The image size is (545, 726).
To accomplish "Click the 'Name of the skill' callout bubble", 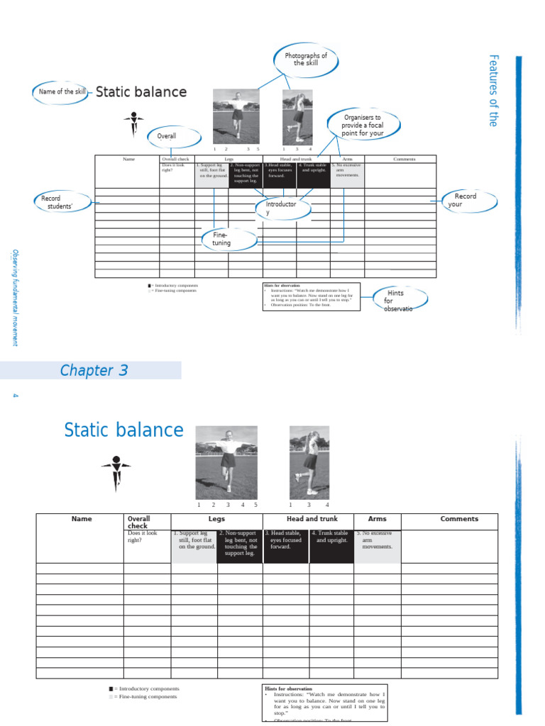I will click(62, 92).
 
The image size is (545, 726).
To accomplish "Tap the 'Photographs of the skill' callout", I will click(305, 59).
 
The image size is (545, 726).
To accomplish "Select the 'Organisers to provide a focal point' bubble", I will click(363, 125).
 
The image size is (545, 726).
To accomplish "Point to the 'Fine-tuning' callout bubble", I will click(222, 238).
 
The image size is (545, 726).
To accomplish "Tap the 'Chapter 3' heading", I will click(94, 370).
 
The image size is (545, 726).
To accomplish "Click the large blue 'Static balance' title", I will click(123, 430).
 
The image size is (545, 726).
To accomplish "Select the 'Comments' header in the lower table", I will click(459, 519).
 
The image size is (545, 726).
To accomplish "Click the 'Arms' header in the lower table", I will click(378, 519).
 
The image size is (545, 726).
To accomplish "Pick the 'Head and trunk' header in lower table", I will click(312, 519).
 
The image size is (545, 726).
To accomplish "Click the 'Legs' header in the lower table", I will click(216, 519).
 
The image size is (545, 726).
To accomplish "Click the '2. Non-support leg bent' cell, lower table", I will click(240, 546).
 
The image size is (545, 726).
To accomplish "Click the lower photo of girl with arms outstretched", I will click(226, 462).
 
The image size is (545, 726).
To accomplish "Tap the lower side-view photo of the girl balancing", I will click(309, 462).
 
